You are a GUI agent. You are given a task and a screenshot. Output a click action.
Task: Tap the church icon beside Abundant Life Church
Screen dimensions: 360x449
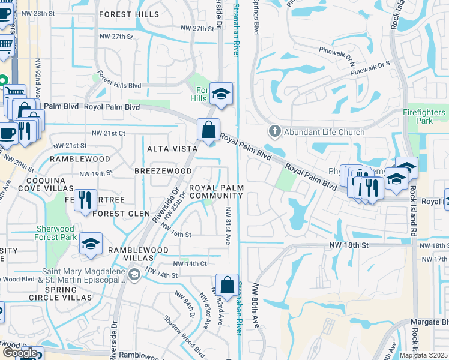pos(274,131)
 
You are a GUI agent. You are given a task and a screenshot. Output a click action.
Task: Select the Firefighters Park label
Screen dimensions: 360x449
pos(424,116)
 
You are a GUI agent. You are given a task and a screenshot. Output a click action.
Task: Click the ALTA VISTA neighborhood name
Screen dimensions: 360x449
pos(173,148)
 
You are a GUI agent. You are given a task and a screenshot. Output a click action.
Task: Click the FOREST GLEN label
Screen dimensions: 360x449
pos(121,213)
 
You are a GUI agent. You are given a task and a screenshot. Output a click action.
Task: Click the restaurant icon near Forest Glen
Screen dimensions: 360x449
pos(85,199)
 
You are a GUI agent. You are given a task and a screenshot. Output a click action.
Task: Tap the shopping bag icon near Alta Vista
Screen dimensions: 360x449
pos(208,130)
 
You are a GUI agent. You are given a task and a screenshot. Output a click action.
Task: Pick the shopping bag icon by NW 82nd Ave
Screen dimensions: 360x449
pos(226,284)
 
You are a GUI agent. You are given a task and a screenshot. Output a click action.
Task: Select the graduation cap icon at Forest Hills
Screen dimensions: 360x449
pos(221,94)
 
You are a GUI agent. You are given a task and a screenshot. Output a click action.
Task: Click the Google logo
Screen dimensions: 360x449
pos(20,352)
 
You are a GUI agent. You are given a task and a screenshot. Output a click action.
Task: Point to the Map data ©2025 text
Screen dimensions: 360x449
pos(423,355)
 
